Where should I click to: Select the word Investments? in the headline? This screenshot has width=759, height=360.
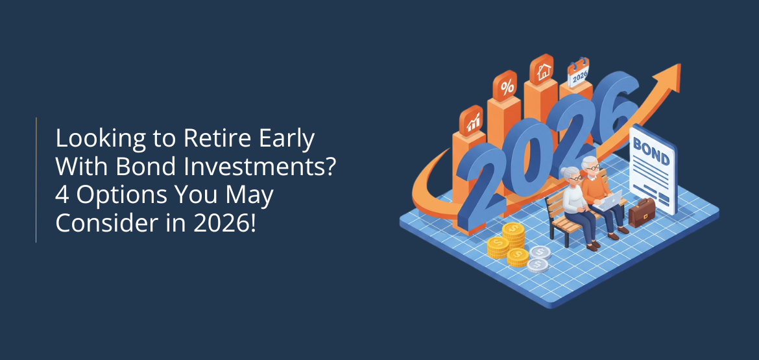pyautogui.click(x=260, y=167)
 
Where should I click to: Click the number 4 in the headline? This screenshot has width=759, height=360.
pyautogui.click(x=63, y=195)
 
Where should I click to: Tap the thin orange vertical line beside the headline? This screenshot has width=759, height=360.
pyautogui.click(x=36, y=180)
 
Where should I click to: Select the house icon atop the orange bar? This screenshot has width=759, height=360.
pyautogui.click(x=543, y=71)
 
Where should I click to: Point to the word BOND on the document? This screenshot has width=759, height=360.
pyautogui.click(x=651, y=151)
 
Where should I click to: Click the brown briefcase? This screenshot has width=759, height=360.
pyautogui.click(x=642, y=212)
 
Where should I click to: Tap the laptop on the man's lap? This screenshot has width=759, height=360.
pyautogui.click(x=608, y=200)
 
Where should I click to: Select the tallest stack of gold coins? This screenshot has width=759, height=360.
pyautogui.click(x=514, y=237)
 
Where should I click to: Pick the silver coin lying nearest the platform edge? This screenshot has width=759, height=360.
pyautogui.click(x=537, y=265)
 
